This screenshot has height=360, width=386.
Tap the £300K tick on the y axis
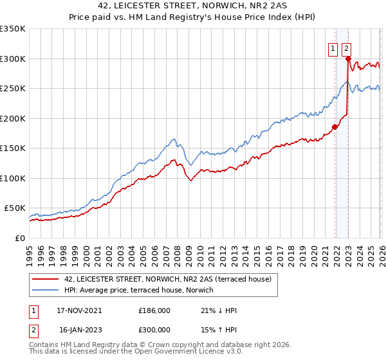13,59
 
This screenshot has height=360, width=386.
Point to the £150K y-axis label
13,148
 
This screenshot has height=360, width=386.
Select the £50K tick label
15,208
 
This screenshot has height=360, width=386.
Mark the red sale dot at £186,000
335,127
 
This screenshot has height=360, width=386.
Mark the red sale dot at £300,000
348,59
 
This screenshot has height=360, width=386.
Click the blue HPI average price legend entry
143,290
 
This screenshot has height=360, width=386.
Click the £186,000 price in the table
154,310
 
